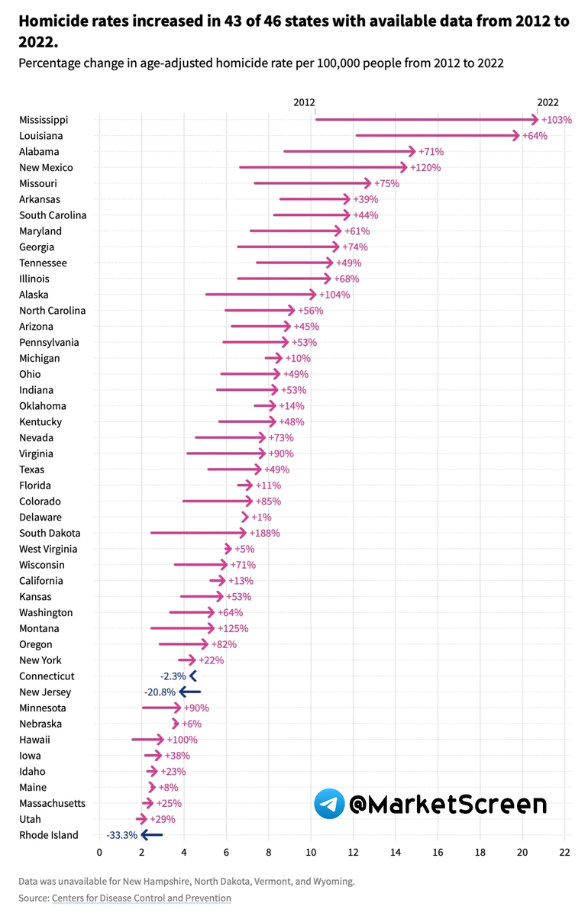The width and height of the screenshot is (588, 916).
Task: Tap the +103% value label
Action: click(x=556, y=120)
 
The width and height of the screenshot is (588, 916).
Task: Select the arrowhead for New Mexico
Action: click(x=404, y=167)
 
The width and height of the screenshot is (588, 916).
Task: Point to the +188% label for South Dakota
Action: click(x=264, y=533)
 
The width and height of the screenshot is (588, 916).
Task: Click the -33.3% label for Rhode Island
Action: click(x=121, y=835)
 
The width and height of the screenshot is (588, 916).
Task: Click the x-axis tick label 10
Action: click(x=311, y=852)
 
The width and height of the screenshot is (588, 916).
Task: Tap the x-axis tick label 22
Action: click(x=564, y=852)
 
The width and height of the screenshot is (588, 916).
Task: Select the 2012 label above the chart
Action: click(x=304, y=102)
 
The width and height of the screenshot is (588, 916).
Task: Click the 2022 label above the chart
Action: click(x=548, y=102)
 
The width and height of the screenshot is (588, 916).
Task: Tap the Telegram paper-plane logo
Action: click(x=329, y=804)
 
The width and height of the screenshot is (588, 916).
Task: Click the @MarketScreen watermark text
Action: click(x=447, y=804)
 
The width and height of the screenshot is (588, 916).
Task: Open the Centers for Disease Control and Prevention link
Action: click(x=141, y=898)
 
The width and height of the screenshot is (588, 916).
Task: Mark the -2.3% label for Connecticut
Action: click(x=173, y=676)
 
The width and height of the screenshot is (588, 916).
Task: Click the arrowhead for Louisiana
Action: click(x=515, y=136)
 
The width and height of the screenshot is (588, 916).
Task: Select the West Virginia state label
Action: click(x=48, y=549)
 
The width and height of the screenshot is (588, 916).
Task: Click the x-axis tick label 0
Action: click(x=99, y=852)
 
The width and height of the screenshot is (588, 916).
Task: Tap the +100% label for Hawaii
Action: click(x=182, y=740)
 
